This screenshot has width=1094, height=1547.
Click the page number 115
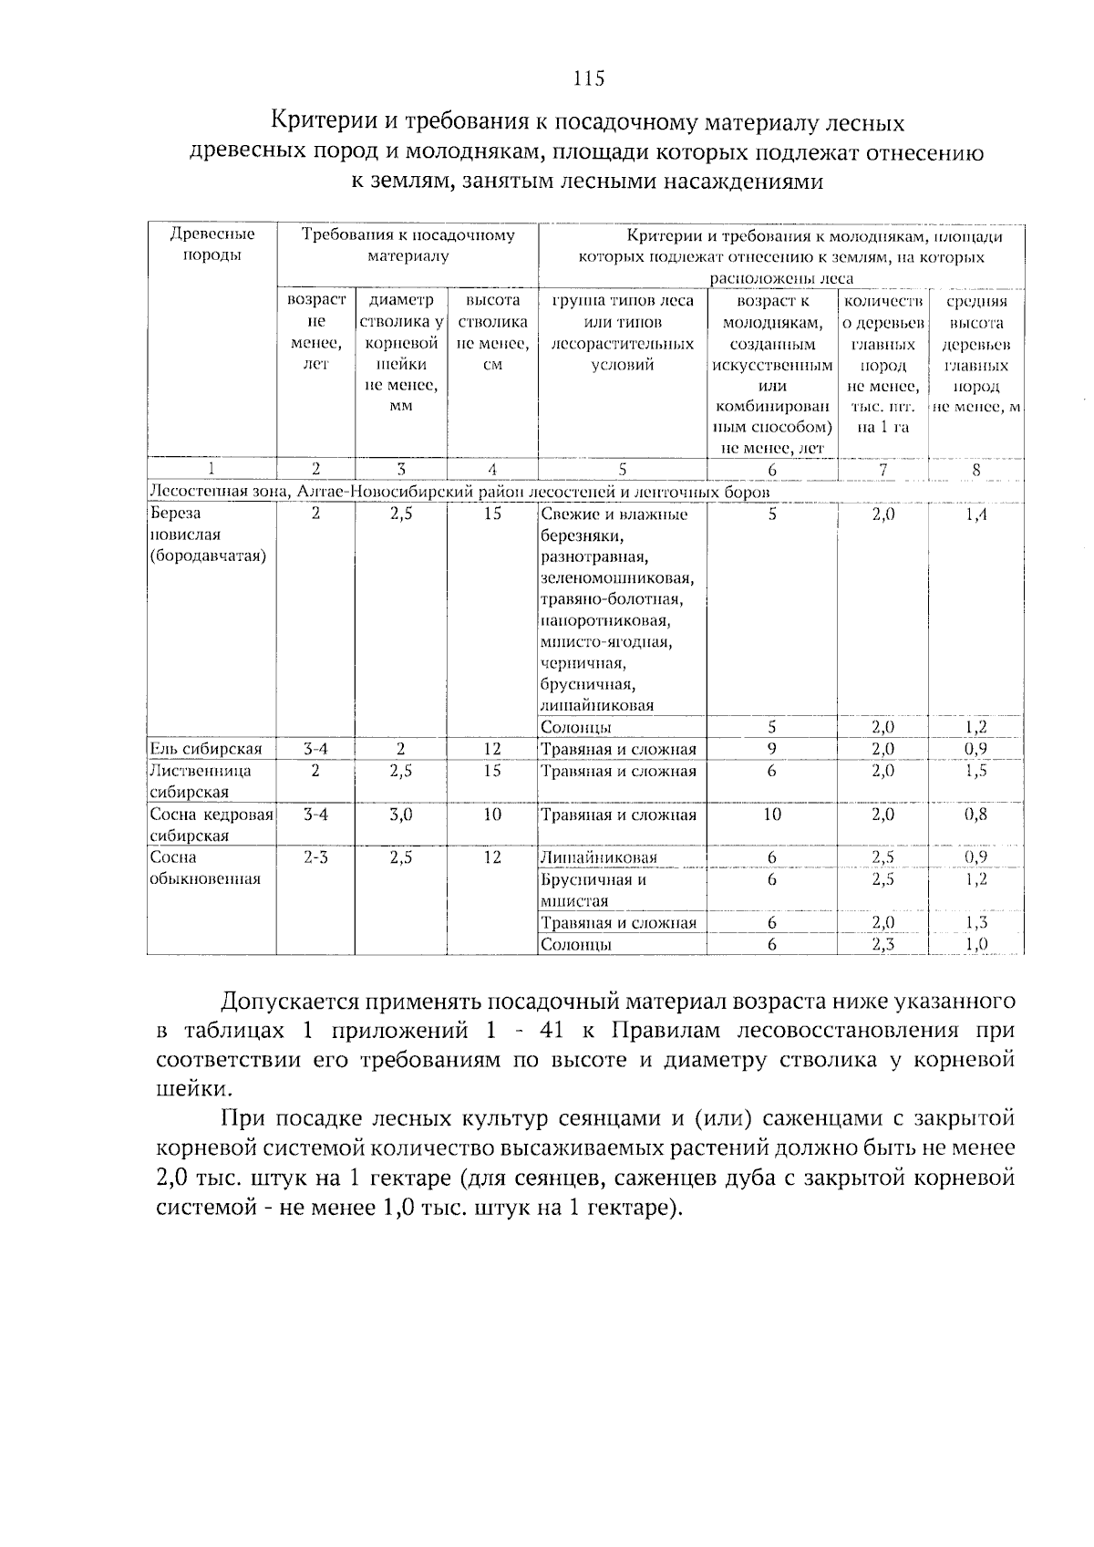[x=589, y=78]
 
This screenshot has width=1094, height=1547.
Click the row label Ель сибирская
[x=206, y=749]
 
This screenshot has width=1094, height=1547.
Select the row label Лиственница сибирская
[x=201, y=781]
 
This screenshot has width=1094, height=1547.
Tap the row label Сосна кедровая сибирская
[x=212, y=825]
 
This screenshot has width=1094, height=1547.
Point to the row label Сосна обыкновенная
[x=205, y=867]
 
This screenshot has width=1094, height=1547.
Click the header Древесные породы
[x=212, y=244]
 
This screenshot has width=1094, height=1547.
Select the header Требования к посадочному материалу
[x=408, y=244]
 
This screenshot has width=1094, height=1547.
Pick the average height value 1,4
[x=975, y=514]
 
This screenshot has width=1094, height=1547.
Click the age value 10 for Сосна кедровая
[x=771, y=815]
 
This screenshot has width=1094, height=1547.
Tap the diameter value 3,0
[x=400, y=815]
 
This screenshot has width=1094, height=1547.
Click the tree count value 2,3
[x=882, y=944]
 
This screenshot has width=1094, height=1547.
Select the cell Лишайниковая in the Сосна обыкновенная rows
[x=599, y=857]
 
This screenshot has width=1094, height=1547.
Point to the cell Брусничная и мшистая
[x=593, y=890]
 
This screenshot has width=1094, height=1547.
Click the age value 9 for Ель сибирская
[x=771, y=749]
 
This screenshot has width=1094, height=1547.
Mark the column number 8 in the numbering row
[x=975, y=470]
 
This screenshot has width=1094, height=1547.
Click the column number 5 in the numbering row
[x=622, y=470]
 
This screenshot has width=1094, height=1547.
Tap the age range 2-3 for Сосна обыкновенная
[x=315, y=857]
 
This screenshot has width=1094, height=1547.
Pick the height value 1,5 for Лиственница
[x=975, y=771]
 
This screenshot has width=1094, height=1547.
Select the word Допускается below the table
[x=288, y=1002]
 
